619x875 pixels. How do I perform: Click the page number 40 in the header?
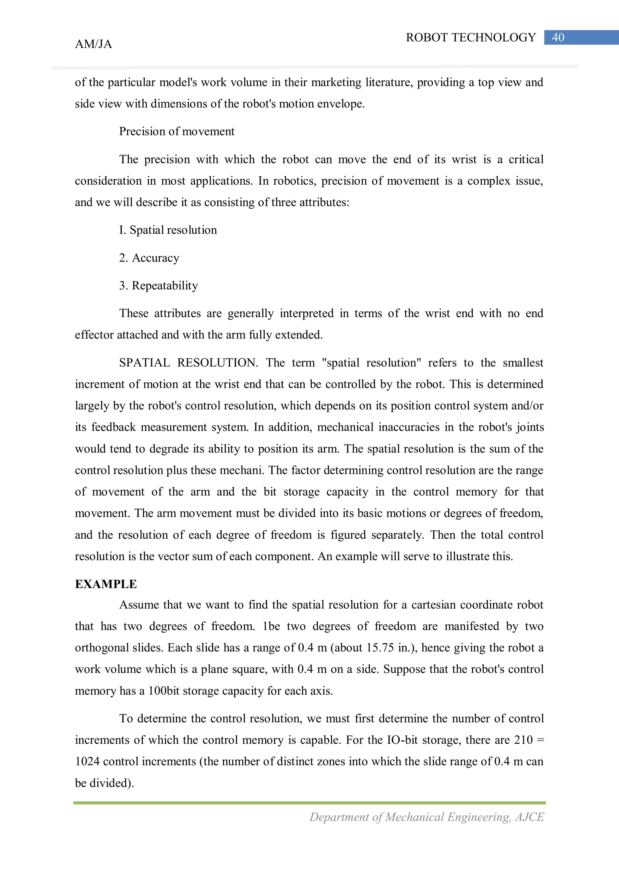558,37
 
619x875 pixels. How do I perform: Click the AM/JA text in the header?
93,44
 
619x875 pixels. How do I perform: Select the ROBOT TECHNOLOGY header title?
471,37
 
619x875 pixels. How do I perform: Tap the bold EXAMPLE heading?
106,584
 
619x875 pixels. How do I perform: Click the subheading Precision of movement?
177,131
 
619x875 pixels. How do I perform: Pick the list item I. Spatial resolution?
168,230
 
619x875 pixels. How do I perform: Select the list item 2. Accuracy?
149,258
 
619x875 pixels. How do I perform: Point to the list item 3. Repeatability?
158,286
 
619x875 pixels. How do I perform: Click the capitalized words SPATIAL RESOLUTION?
188,363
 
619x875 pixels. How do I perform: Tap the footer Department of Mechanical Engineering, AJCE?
426,817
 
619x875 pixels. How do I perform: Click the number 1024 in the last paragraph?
87,761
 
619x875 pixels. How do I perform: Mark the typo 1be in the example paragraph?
271,626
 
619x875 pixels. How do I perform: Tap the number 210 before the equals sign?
523,740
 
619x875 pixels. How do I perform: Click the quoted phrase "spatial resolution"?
371,363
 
